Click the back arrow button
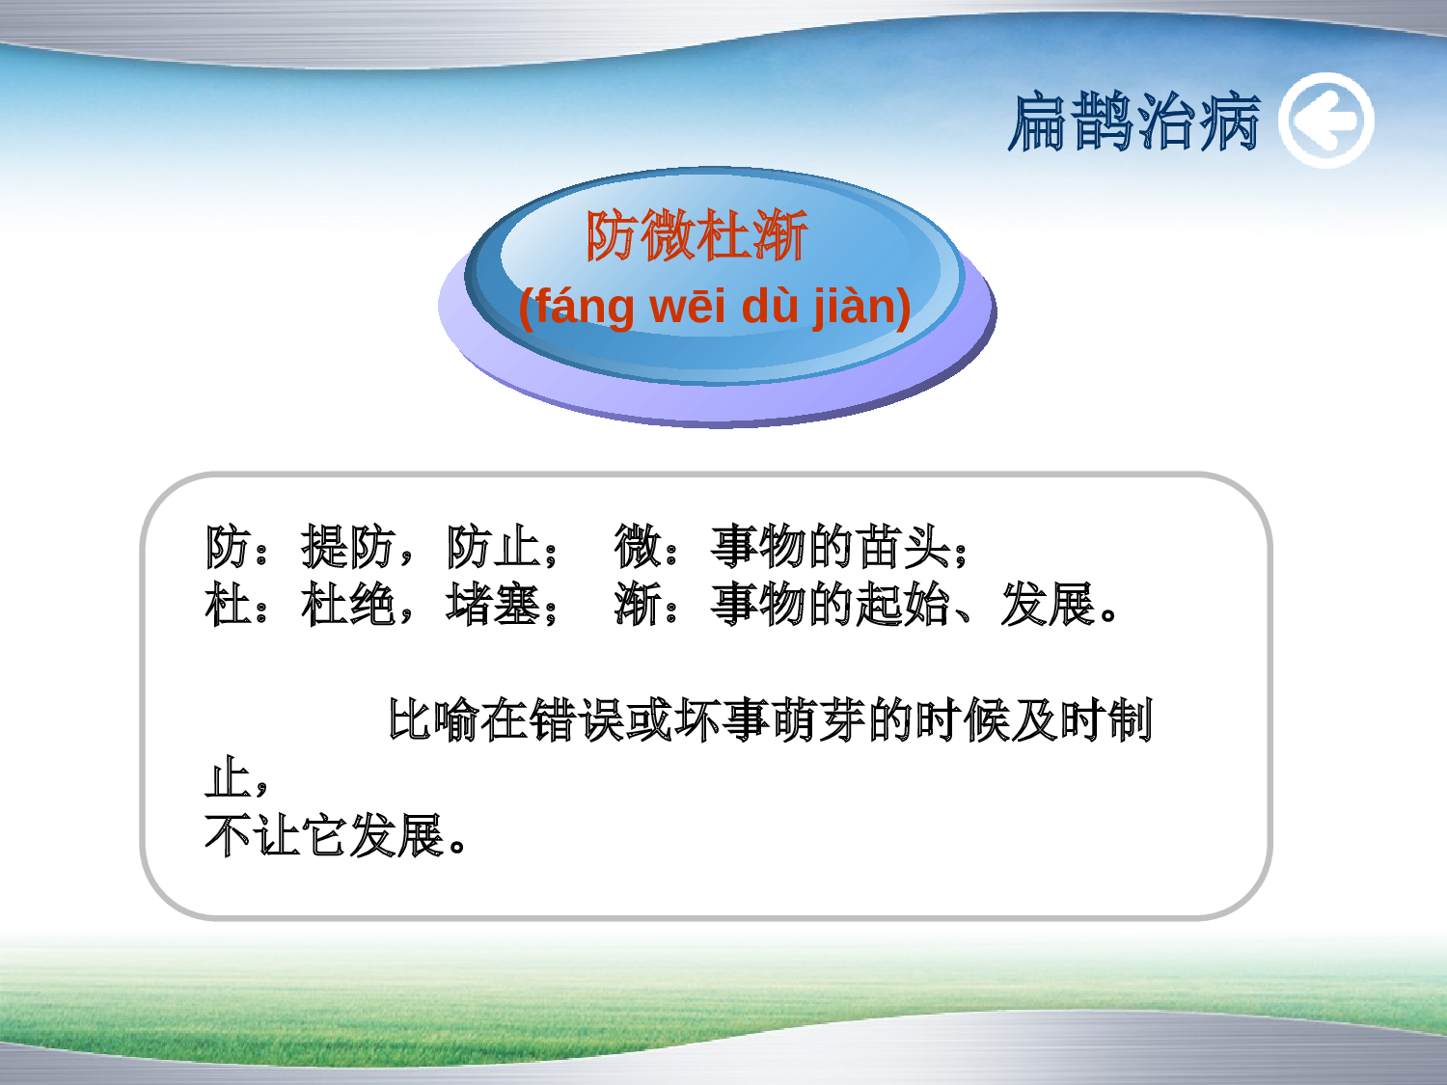coord(1326,121)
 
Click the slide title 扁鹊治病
coord(1133,122)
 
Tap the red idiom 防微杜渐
coord(696,235)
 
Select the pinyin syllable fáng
coord(585,307)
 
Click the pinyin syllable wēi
coord(686,307)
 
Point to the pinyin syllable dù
coord(770,307)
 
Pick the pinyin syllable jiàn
coord(854,307)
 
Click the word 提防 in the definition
coord(348,547)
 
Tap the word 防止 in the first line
coord(493,547)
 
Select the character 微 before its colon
coord(638,547)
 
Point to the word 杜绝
coord(348,605)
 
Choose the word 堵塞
coord(493,605)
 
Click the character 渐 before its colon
coord(638,605)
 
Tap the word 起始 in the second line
coord(903,605)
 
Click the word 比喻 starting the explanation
coord(433,720)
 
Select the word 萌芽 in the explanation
coord(819,720)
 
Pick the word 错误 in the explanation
coord(578,720)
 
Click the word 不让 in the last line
coord(253,836)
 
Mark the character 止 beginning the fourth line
coord(228,778)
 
